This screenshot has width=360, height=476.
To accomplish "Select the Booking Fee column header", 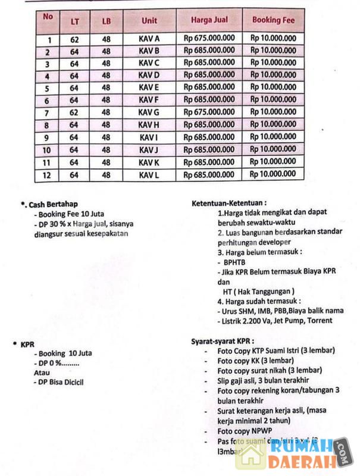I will coord(273,20).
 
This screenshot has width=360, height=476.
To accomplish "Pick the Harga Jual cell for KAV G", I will coord(209,112).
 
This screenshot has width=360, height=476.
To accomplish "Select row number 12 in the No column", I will coord(47,175).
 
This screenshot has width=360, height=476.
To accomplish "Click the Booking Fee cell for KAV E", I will coord(273,87).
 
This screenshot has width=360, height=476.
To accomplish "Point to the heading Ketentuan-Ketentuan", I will coord(228,203).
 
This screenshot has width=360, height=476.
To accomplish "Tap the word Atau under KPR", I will coord(42,372).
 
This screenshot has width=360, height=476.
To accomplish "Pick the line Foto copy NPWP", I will coord(244,430).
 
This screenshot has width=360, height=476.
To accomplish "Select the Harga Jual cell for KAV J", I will coord(209,149).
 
